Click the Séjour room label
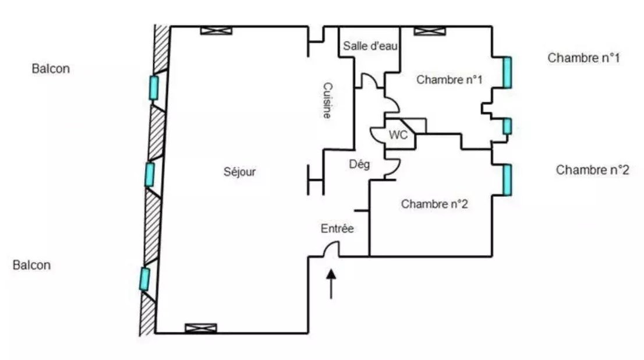(239, 172)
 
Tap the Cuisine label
(327, 100)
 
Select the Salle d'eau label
(370, 46)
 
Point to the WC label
(398, 135)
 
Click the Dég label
(359, 165)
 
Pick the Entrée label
(337, 229)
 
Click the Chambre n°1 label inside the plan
(449, 80)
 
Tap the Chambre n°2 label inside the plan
(434, 204)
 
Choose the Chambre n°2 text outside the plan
(592, 170)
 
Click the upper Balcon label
(51, 69)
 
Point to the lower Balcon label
(32, 265)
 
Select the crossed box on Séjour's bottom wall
(200, 328)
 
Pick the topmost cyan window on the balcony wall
(153, 87)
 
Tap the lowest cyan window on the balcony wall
(144, 278)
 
